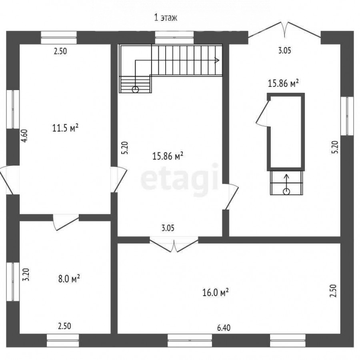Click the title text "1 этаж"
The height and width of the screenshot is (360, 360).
tap(166, 18)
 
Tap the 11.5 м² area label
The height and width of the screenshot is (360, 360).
tap(66, 128)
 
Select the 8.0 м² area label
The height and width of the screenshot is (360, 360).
tap(69, 279)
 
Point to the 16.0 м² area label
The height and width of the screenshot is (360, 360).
tap(215, 292)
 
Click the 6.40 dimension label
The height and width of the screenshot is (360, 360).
tap(224, 328)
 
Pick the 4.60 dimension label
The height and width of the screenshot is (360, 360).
tap(25, 136)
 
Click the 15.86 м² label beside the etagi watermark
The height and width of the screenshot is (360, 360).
tap(168, 156)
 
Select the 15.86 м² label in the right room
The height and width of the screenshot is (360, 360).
tap(283, 83)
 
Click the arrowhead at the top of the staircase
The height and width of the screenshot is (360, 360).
tap(217, 60)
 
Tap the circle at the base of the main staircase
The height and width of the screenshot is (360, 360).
tap(136, 89)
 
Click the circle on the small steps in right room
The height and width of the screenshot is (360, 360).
tap(286, 191)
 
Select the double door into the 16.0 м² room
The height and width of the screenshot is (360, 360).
tap(174, 244)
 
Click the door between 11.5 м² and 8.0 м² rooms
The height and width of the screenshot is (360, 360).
tap(66, 222)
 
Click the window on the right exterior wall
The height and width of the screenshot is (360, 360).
tap(347, 116)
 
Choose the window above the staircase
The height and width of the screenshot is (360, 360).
tap(174, 38)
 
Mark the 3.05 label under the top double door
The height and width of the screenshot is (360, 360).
tap(285, 50)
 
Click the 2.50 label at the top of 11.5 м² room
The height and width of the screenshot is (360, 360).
tap(60, 51)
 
